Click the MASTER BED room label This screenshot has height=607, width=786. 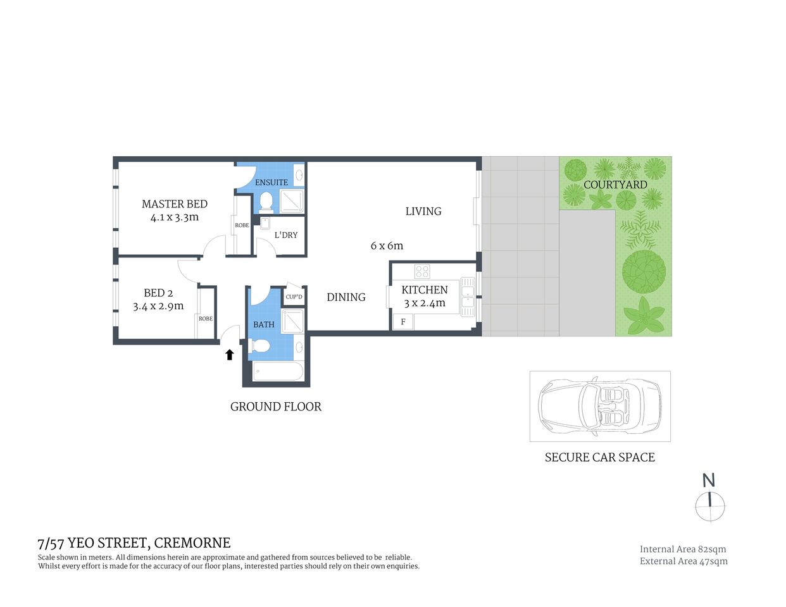(175, 204)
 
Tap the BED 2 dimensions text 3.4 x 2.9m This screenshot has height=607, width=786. (158, 306)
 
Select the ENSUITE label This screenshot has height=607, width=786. (271, 182)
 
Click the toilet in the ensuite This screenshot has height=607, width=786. (266, 202)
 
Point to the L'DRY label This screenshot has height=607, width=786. (286, 235)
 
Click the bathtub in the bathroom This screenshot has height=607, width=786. (278, 371)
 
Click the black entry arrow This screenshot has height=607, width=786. (230, 355)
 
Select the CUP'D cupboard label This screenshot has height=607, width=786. (294, 297)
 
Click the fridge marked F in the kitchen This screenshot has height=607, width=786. (402, 322)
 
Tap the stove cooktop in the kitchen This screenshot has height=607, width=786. (422, 272)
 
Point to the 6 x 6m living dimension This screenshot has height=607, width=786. (387, 245)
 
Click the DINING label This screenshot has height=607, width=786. (346, 297)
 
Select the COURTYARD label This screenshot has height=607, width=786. (615, 185)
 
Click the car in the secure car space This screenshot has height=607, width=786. (599, 405)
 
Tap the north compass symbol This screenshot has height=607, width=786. (710, 506)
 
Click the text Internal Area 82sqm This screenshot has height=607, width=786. (683, 549)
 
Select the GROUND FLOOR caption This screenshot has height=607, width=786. (276, 407)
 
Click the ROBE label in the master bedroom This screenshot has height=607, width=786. (242, 225)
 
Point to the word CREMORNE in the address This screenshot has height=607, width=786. (192, 543)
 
